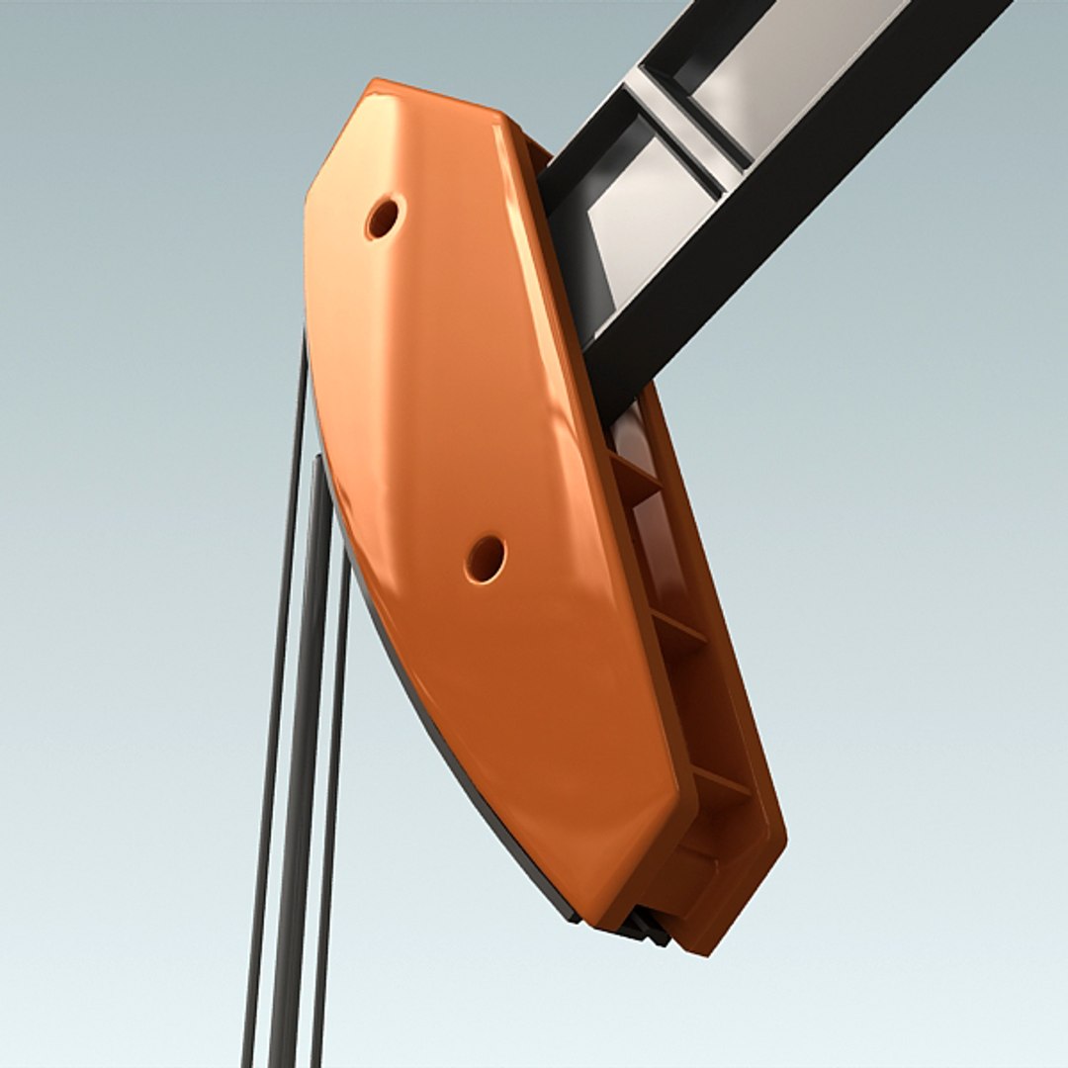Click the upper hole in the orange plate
(383, 217)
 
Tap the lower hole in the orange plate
(486, 559)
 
